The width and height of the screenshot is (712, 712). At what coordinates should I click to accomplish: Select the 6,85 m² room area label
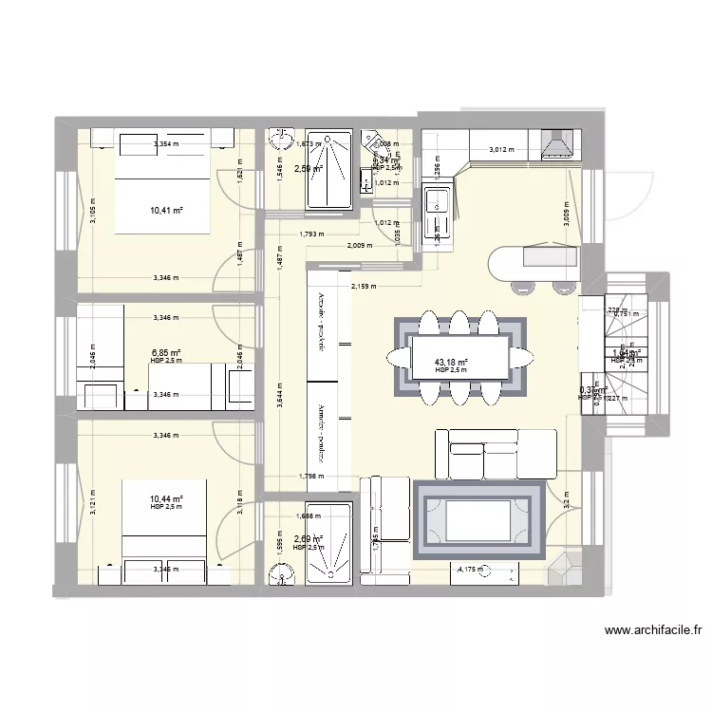click(166, 352)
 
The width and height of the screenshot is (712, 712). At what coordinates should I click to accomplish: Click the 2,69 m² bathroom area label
click(309, 539)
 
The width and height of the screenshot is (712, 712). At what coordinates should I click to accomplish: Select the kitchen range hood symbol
click(555, 144)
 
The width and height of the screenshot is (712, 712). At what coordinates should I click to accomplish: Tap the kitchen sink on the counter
click(438, 201)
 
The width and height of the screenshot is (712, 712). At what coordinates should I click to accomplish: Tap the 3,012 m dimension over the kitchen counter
click(504, 150)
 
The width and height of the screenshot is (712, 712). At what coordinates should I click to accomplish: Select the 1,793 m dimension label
click(309, 234)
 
